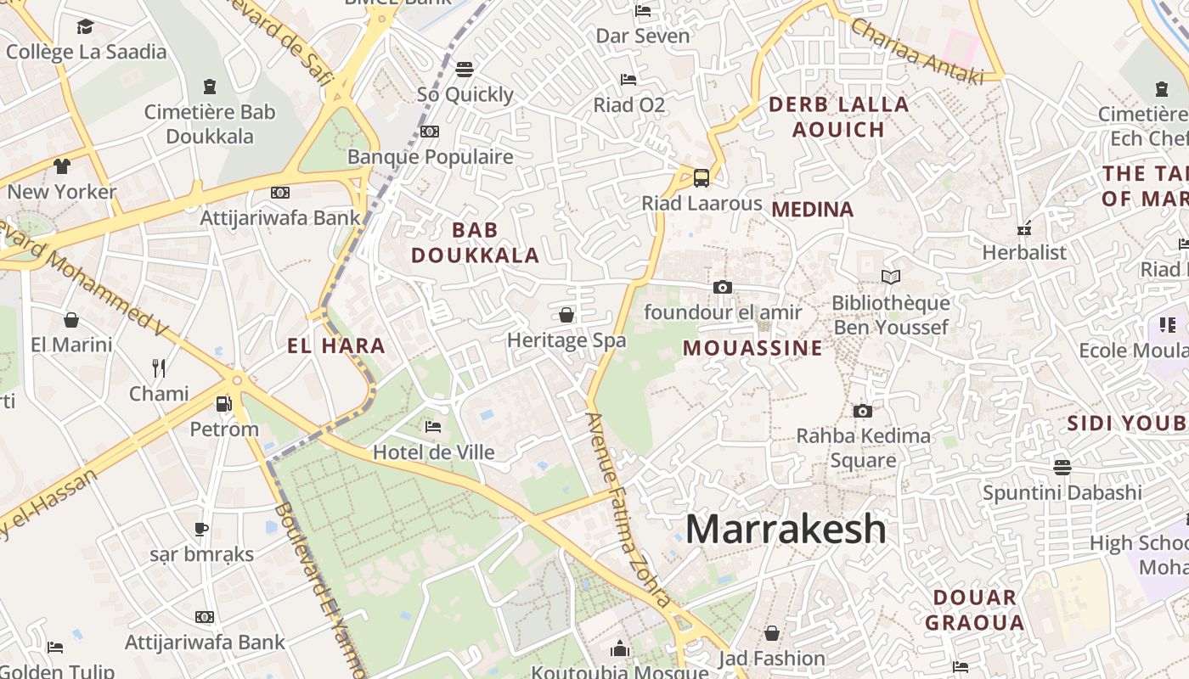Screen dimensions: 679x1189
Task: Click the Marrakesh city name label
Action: coord(786,529)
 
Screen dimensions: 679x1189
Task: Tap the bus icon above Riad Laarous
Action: coord(701,178)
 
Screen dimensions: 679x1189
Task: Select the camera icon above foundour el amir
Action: coord(723,287)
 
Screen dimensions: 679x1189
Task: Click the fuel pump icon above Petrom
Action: coord(224,404)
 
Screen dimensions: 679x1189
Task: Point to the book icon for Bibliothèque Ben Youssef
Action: coord(890,277)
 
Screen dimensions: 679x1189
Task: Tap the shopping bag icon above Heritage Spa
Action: coord(566,316)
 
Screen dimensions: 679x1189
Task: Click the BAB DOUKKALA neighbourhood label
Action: coord(476,243)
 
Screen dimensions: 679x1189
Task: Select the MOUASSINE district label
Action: coord(752,348)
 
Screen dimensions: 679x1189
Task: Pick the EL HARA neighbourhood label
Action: coord(336,346)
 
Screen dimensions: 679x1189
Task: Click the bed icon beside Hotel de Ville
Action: coord(433,426)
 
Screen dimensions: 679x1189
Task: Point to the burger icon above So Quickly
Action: coord(464,69)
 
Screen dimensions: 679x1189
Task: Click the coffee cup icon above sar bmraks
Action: coord(201,530)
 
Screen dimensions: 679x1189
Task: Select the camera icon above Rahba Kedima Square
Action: coord(863,411)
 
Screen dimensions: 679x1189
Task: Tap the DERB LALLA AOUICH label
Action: coord(839,117)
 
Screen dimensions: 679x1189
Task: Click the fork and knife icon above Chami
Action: coord(159,368)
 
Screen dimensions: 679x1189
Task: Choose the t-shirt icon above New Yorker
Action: coord(62,166)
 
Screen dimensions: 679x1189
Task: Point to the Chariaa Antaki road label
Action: coord(916,51)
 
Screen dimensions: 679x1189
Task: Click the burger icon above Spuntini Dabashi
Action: coord(1062,467)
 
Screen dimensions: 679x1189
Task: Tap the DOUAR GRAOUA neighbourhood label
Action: coord(974,610)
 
